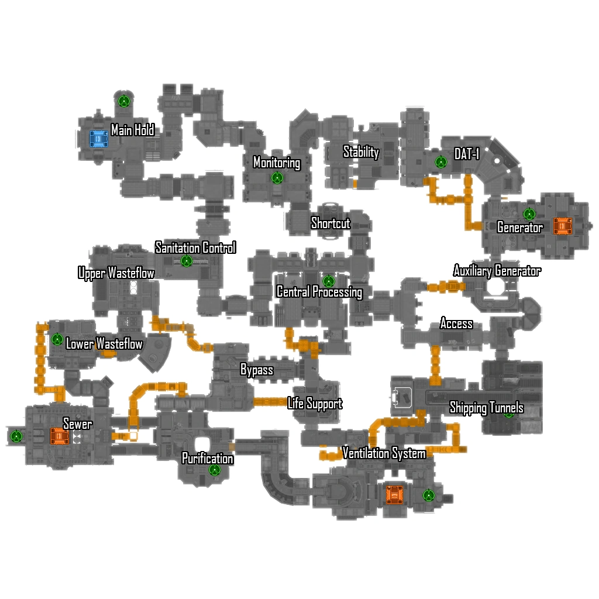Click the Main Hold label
133,130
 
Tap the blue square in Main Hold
99,139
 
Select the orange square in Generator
562,226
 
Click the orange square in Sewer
59,436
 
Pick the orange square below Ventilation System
395,495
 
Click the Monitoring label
277,163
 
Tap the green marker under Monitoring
277,178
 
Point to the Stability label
361,152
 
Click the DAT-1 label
467,154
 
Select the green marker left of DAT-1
441,162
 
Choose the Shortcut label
331,223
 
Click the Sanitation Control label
195,247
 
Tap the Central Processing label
319,292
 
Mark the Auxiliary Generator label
497,271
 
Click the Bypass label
257,370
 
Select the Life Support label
315,404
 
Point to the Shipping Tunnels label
486,408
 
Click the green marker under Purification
215,469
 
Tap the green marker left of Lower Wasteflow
57,339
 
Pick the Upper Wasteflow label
116,273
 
